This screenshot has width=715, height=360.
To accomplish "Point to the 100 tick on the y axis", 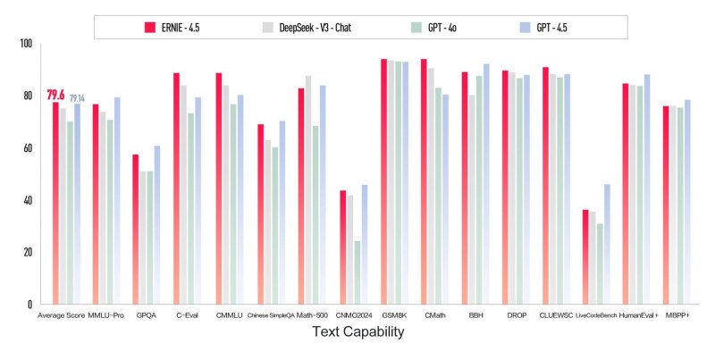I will point(25,44).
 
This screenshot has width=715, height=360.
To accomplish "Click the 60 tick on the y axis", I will point(27,148).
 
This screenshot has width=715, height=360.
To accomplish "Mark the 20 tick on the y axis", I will point(27,253).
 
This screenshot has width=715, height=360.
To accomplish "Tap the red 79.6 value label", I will point(55,95).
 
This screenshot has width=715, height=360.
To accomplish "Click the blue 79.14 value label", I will point(78,97).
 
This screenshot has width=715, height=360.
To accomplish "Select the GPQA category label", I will point(146,315).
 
